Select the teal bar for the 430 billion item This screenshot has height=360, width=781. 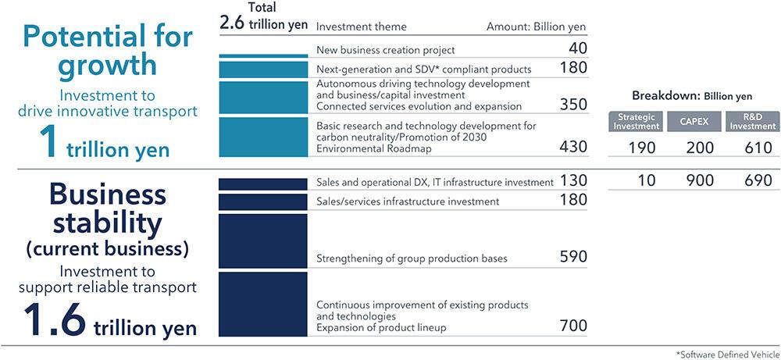point(263,137)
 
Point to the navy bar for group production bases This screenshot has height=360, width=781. point(263,241)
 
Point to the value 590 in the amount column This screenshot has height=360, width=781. point(574,257)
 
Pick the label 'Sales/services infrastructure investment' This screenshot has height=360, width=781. point(408,201)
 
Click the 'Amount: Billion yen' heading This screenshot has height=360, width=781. point(536,26)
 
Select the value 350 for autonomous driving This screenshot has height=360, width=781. point(574,105)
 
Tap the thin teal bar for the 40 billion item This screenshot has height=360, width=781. point(263,55)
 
